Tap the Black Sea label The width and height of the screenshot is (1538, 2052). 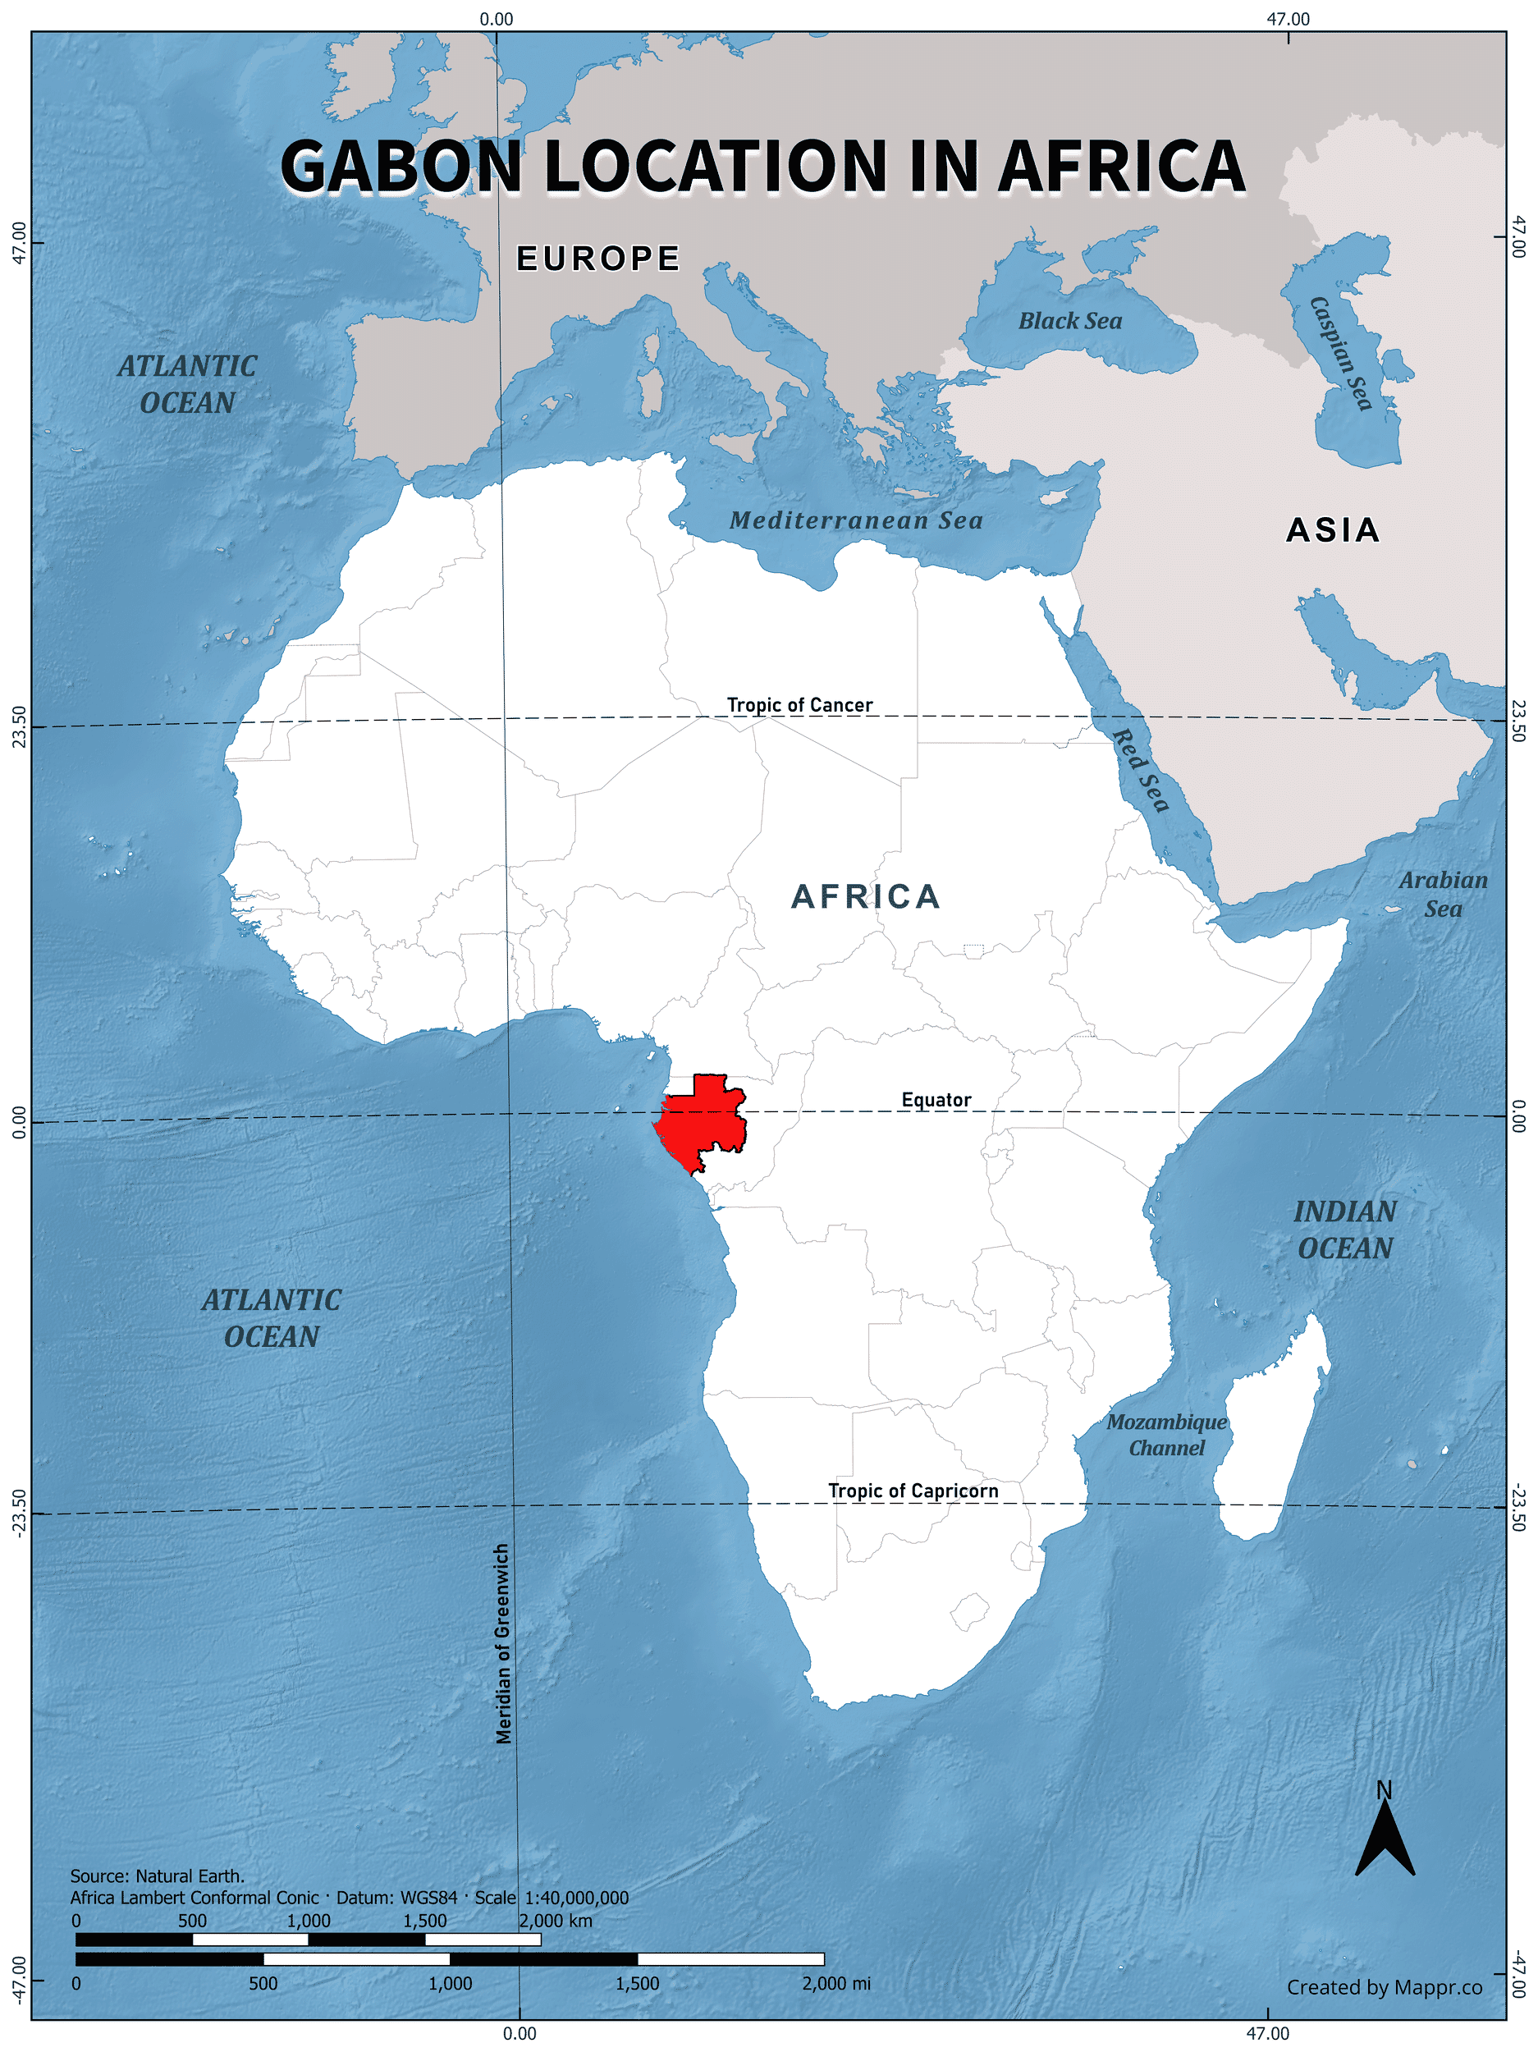[1069, 321]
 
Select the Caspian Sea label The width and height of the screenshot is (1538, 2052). [1339, 352]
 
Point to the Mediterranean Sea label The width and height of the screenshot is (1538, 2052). [855, 520]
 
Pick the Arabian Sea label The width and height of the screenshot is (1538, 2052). [1443, 895]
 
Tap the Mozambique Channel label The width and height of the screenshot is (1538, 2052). [1166, 1434]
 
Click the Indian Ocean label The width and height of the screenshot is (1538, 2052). [1344, 1230]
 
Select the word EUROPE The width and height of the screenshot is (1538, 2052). [598, 259]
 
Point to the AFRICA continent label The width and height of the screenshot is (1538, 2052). [866, 896]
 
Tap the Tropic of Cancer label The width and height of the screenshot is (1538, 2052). [799, 705]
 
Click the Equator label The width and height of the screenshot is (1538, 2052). [936, 1099]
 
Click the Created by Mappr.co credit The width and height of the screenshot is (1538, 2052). [1383, 1987]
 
